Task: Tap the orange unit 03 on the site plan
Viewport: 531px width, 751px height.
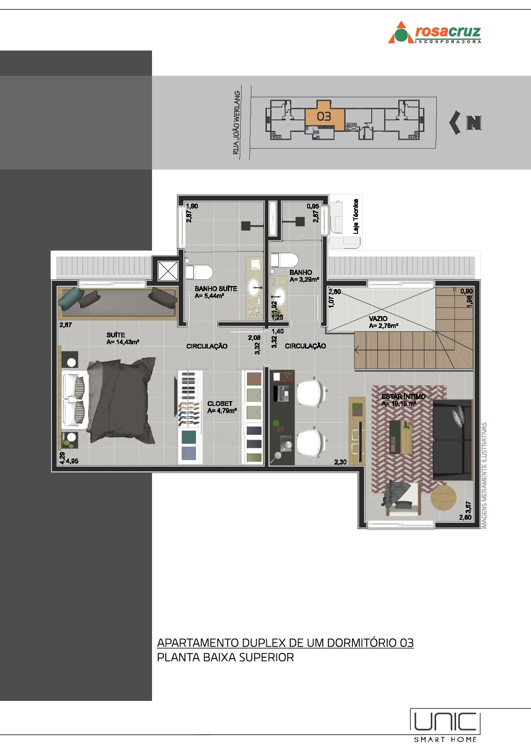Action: [324, 116]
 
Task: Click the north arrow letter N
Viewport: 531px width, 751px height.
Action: [474, 123]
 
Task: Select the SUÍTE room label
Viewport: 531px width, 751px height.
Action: [116, 335]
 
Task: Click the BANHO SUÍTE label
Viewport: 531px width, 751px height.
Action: [216, 289]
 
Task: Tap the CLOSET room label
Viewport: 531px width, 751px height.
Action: [220, 404]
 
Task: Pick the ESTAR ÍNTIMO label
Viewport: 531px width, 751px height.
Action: [403, 396]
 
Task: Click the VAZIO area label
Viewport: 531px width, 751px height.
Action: [378, 319]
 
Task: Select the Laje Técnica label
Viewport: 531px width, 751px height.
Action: [356, 216]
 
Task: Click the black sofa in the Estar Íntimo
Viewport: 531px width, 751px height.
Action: [452, 440]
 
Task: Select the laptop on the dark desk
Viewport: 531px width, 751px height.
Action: [283, 393]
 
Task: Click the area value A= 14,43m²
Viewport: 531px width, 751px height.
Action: [123, 342]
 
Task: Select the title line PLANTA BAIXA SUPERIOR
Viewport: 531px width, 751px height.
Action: [225, 657]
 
